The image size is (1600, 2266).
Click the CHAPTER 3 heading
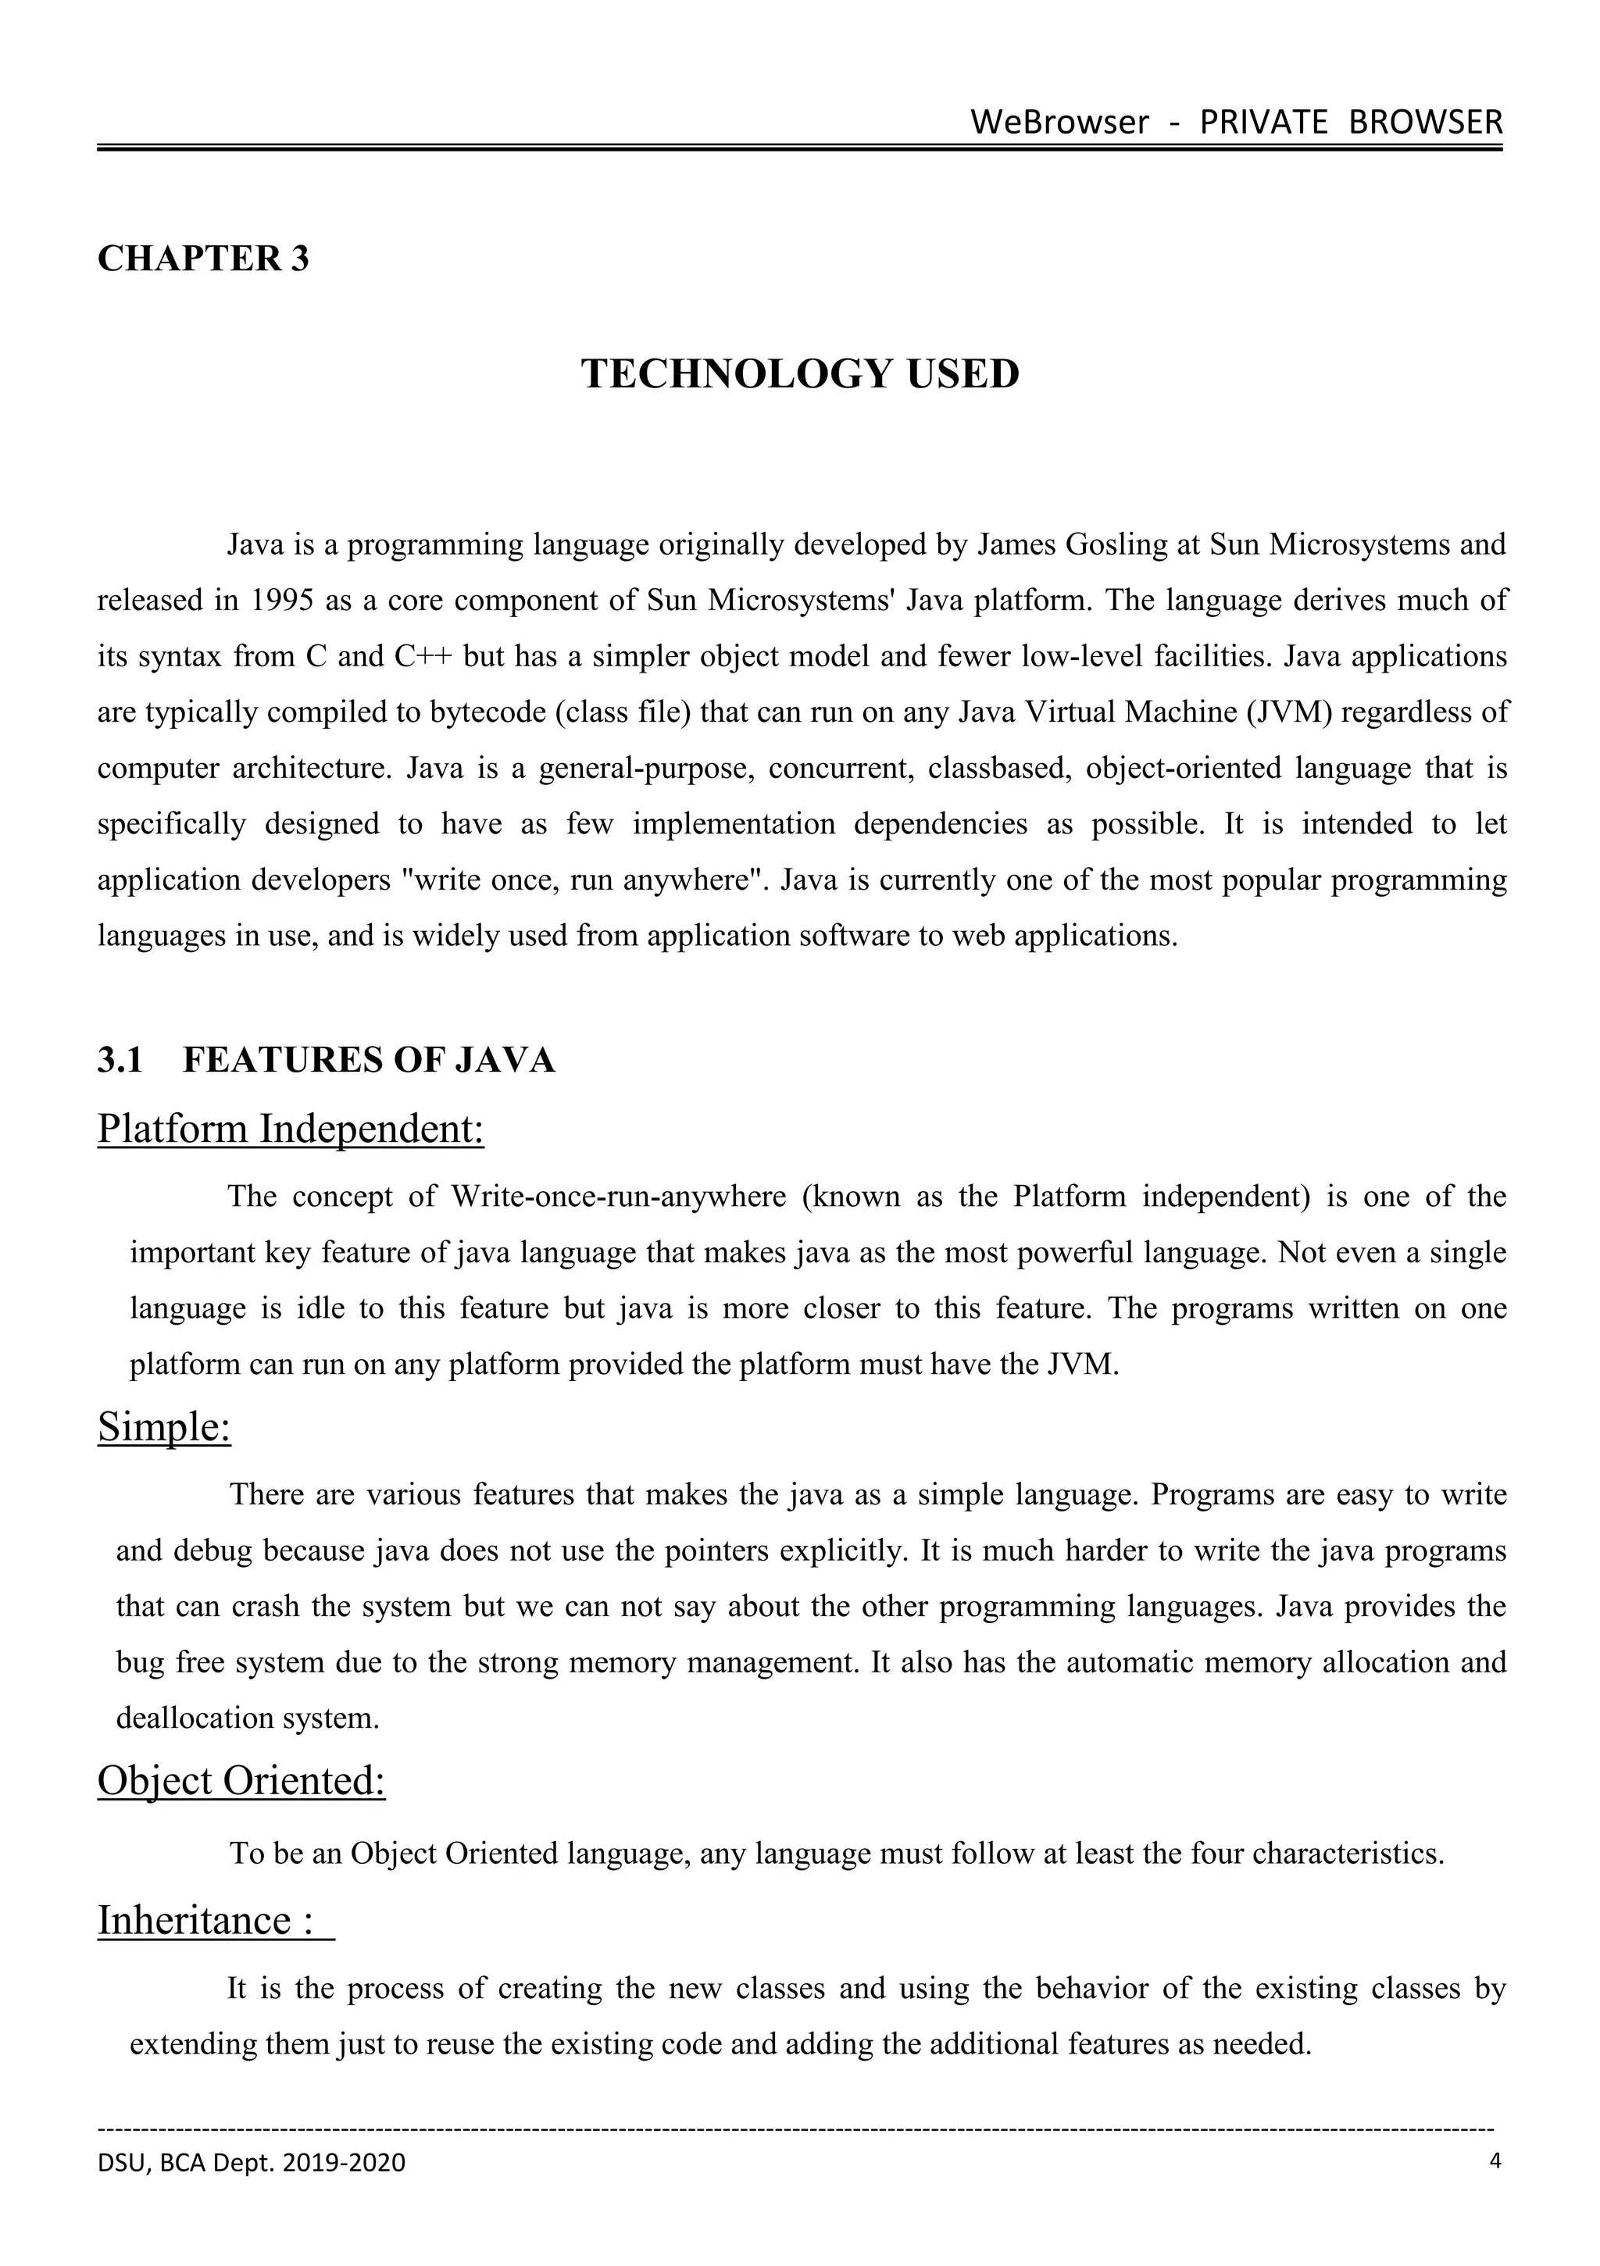[203, 259]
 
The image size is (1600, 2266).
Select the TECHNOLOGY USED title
[799, 374]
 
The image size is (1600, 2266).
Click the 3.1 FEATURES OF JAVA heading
[326, 1060]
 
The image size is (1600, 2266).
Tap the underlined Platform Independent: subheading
[290, 1129]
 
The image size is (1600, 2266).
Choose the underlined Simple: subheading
[164, 1427]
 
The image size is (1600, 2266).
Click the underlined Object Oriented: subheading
[241, 1780]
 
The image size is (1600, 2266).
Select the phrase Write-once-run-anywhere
[618, 1197]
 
